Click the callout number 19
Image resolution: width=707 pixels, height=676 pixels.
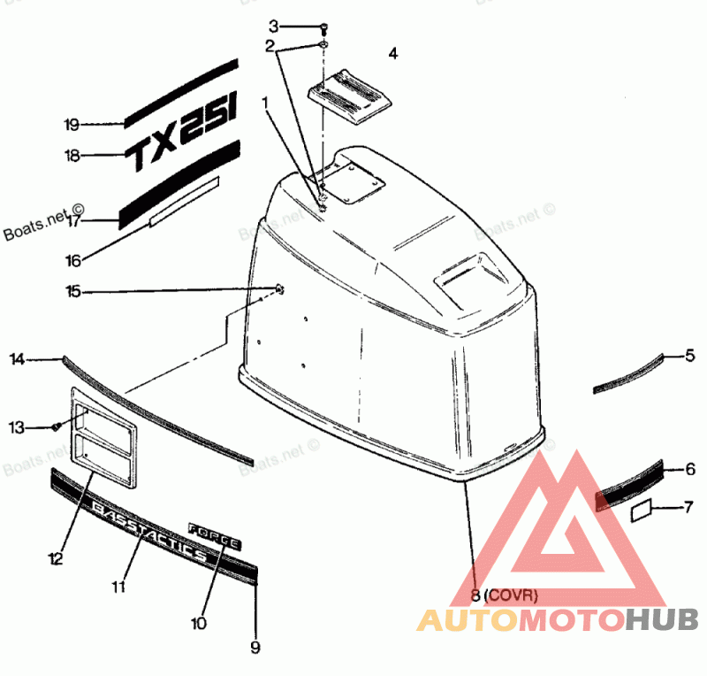[72, 124]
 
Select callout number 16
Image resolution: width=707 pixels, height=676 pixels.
[72, 260]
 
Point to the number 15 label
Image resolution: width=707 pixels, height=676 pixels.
[72, 290]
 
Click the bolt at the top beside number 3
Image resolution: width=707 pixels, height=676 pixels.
[323, 27]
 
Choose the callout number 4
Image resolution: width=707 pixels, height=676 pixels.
[393, 54]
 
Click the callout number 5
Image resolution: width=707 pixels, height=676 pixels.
[690, 357]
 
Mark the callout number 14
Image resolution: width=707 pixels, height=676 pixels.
[18, 358]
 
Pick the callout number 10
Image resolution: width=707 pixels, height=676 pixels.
[198, 623]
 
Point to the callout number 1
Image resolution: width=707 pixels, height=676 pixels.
[263, 104]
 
